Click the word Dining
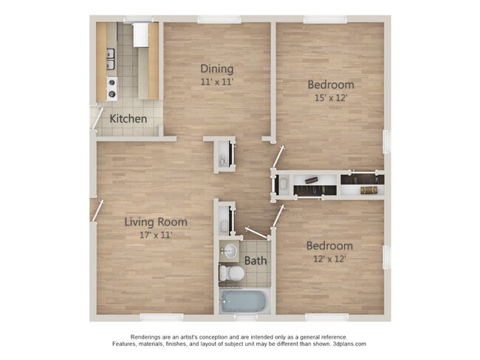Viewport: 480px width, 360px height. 216,69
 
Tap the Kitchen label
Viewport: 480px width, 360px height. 128,119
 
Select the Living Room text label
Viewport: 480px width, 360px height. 155,221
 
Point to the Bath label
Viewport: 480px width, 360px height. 256,260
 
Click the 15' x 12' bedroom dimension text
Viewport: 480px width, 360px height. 330,97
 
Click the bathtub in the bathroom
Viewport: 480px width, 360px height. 244,300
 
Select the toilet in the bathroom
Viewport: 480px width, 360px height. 233,273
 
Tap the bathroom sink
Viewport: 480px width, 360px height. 229,250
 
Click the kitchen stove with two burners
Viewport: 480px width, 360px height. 112,88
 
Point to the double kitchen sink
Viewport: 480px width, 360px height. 111,53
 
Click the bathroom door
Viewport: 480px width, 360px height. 256,232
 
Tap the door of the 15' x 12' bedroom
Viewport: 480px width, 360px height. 278,156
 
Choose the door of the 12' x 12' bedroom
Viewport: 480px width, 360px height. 278,215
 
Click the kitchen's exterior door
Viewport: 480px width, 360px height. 96,118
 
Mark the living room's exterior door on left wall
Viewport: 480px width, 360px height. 96,210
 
